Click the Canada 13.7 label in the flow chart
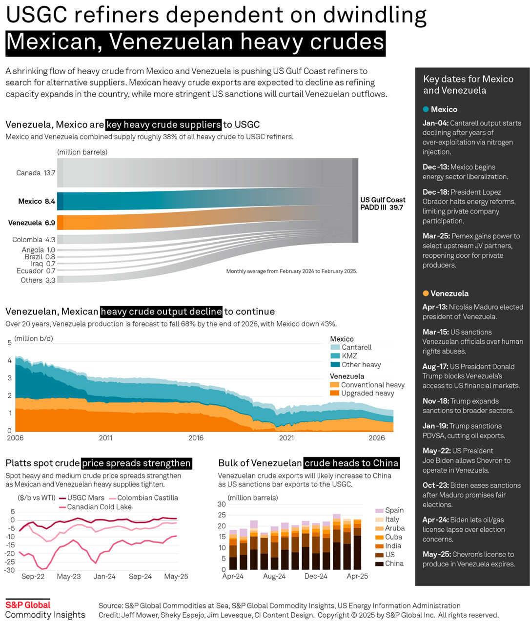(x=36, y=173)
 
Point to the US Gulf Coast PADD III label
(x=383, y=204)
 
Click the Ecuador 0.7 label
(x=36, y=271)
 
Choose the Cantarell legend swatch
(x=335, y=348)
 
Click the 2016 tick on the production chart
(x=196, y=438)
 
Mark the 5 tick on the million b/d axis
(x=9, y=343)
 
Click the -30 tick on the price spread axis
(x=9, y=570)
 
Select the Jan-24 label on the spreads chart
(x=104, y=577)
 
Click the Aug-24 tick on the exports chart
(x=274, y=577)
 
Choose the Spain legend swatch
(x=379, y=511)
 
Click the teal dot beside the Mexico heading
(x=426, y=109)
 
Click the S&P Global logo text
(x=28, y=605)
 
